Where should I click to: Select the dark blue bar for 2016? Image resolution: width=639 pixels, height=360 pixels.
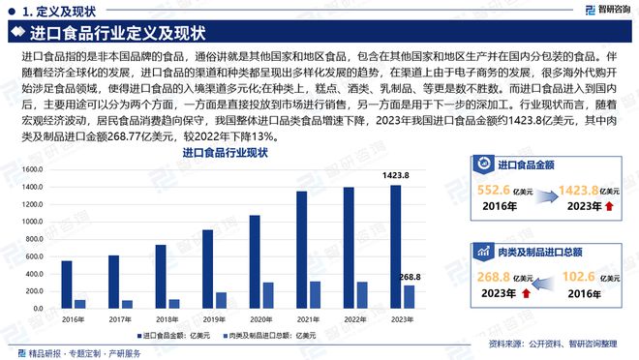click(67, 285)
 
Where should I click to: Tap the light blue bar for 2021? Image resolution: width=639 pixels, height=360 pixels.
click(314, 294)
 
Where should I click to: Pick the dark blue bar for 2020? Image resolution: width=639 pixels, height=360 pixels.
click(255, 261)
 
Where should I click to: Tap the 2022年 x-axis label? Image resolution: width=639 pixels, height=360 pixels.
click(354, 319)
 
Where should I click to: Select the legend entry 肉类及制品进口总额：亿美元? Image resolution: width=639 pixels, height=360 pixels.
click(274, 336)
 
